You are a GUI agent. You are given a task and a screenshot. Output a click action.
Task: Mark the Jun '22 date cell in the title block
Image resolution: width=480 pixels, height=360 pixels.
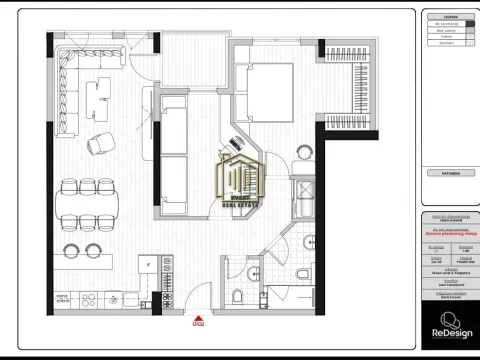pos(435,258)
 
